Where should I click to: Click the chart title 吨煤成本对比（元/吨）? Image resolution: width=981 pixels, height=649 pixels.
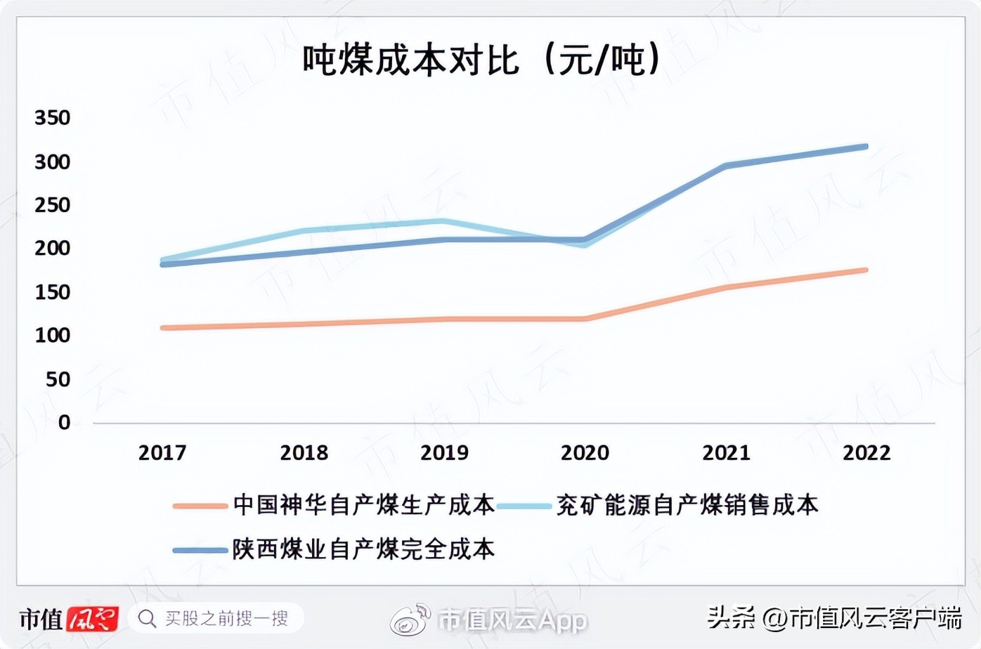482,59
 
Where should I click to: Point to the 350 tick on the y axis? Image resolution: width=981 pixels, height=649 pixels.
53,117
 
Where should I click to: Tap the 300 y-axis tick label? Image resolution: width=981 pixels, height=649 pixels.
53,162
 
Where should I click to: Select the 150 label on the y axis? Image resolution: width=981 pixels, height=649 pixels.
53,291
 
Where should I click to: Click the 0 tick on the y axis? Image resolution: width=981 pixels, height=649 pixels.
64,422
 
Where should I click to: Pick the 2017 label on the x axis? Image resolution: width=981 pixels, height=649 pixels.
162,452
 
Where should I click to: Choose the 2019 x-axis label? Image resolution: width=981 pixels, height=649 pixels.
444,452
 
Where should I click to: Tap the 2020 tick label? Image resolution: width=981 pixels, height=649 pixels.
585,452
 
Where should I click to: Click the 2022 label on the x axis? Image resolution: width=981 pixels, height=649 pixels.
866,452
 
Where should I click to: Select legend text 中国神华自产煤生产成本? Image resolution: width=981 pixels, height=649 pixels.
363,505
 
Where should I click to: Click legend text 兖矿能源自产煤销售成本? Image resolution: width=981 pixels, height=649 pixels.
687,505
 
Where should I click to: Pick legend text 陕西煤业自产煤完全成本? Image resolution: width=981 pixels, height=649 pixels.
363,549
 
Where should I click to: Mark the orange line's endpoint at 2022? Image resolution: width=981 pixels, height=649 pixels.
866,270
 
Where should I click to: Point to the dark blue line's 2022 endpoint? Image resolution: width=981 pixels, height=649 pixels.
866,147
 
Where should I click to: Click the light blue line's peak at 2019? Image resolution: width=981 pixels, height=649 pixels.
443,221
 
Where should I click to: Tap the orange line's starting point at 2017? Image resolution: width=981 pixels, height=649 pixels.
163,328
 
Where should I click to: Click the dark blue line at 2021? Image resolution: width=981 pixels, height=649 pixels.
726,166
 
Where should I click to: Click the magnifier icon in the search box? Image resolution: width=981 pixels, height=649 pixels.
147,618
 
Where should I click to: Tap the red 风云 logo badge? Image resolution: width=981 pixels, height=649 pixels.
93,618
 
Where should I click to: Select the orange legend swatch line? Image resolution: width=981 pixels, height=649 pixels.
200,506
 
